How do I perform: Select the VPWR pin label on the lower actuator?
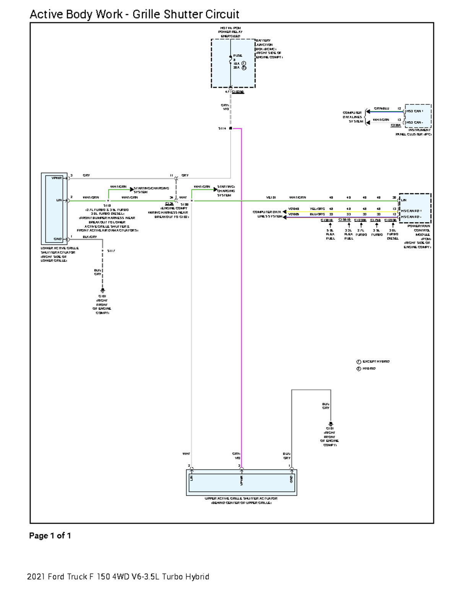[56, 178]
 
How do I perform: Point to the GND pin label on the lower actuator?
[57, 239]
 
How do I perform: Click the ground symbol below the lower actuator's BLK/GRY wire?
[102, 291]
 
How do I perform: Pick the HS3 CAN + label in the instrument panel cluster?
[415, 111]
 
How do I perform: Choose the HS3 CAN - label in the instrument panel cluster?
[415, 122]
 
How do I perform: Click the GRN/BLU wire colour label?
[381, 109]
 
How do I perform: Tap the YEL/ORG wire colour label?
[317, 209]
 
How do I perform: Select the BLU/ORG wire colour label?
[317, 214]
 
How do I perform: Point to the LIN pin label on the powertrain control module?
[404, 200]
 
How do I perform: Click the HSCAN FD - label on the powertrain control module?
[411, 217]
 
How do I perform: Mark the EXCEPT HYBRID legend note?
[376, 361]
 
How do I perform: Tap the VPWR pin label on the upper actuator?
[242, 480]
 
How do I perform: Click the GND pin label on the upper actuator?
[291, 479]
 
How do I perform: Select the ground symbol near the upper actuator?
[330, 424]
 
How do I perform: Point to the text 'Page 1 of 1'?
[50, 536]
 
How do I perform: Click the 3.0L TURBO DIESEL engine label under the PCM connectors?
[393, 234]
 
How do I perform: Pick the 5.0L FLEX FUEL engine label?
[330, 234]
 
